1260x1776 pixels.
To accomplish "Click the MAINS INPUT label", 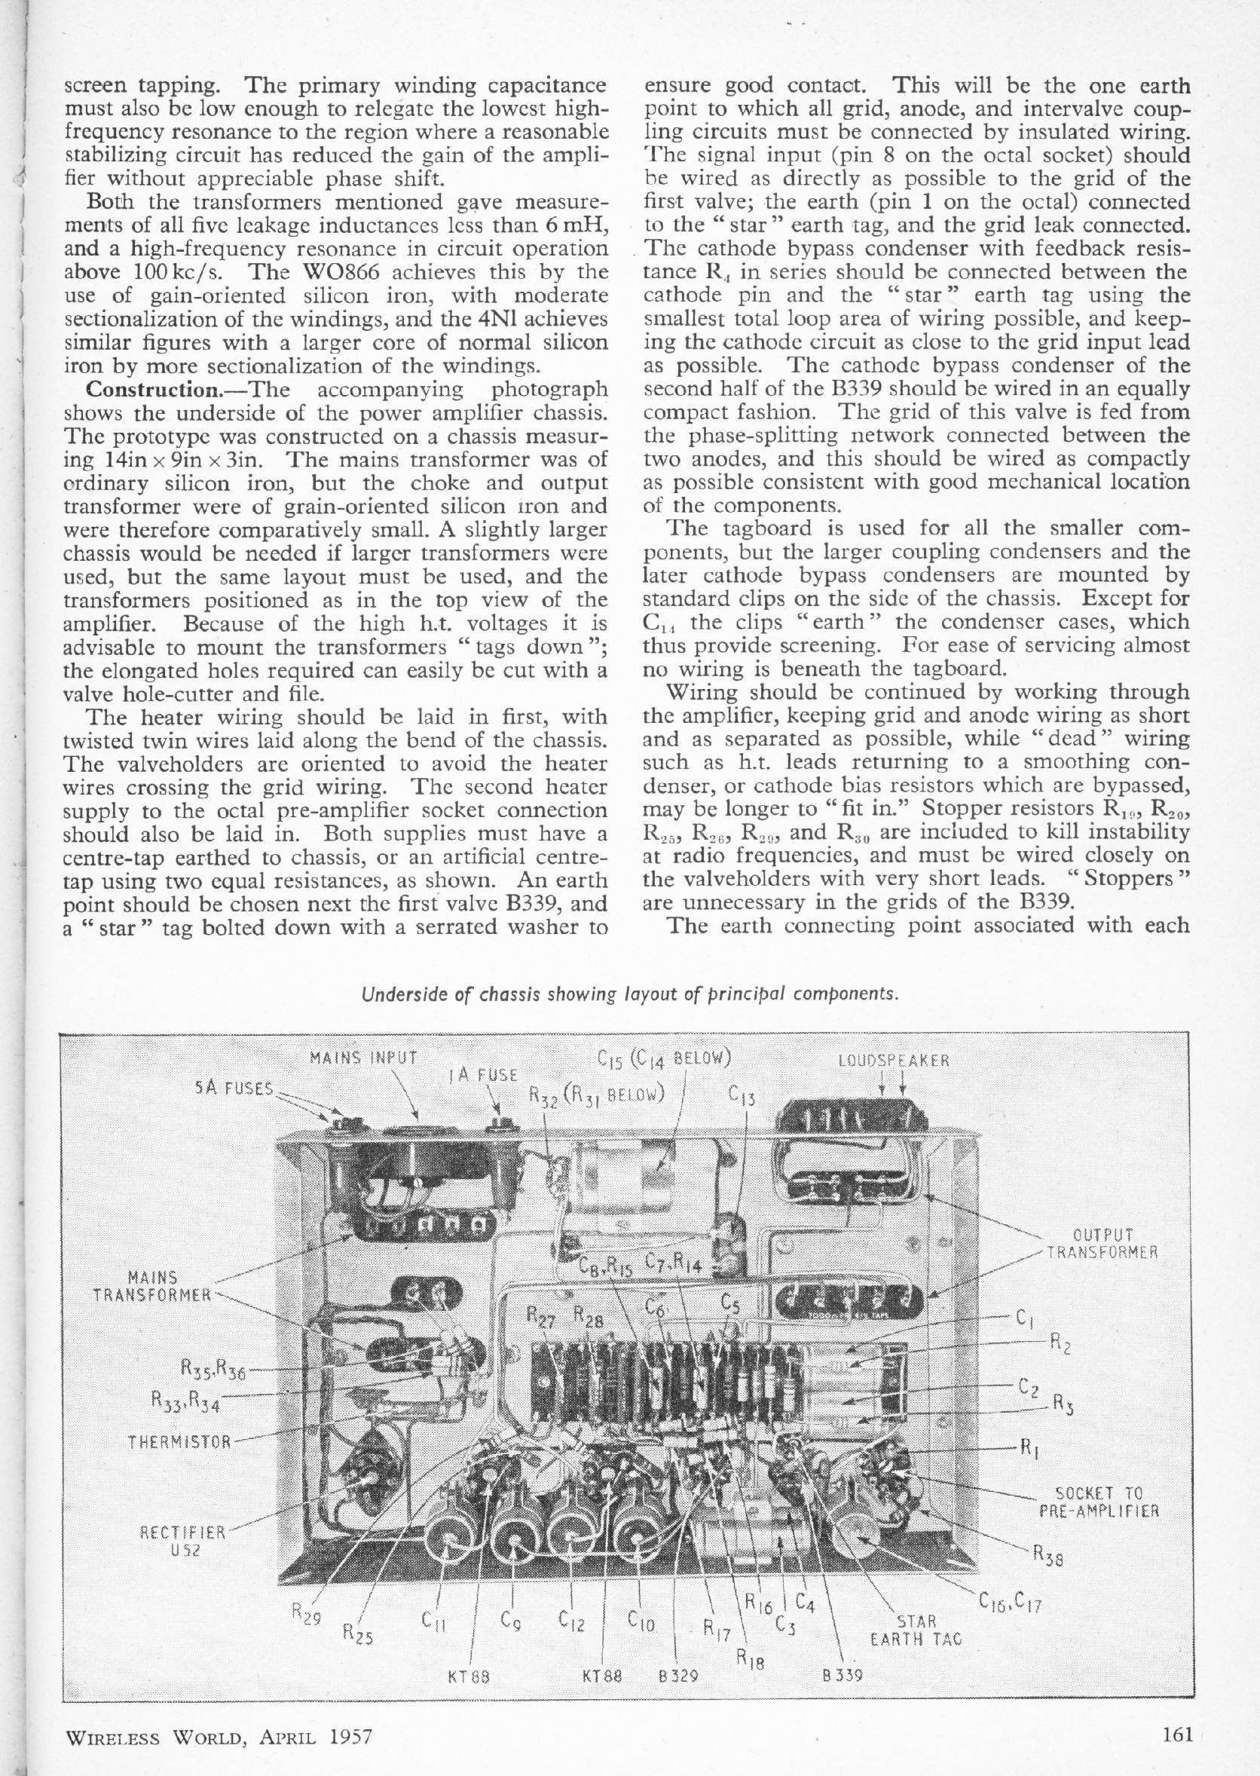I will coord(364,1058).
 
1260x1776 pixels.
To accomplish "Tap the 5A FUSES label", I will coord(235,1088).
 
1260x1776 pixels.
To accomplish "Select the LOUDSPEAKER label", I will coord(894,1061).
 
